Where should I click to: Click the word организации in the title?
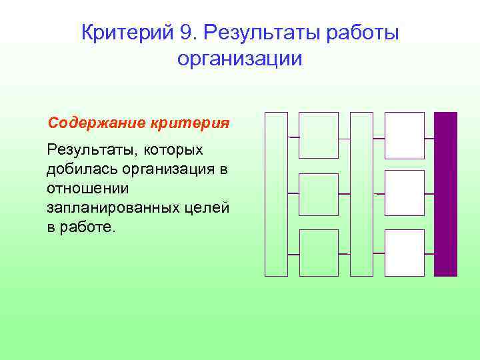(240, 59)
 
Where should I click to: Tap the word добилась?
(78, 169)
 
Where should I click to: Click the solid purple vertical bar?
(445, 193)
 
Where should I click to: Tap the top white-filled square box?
(405, 135)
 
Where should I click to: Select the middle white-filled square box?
(405, 193)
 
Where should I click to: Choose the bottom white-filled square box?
(405, 252)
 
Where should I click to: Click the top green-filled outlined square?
(319, 135)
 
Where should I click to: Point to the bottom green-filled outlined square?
(319, 252)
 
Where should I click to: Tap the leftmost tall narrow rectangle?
(276, 193)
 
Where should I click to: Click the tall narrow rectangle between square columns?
(361, 193)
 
